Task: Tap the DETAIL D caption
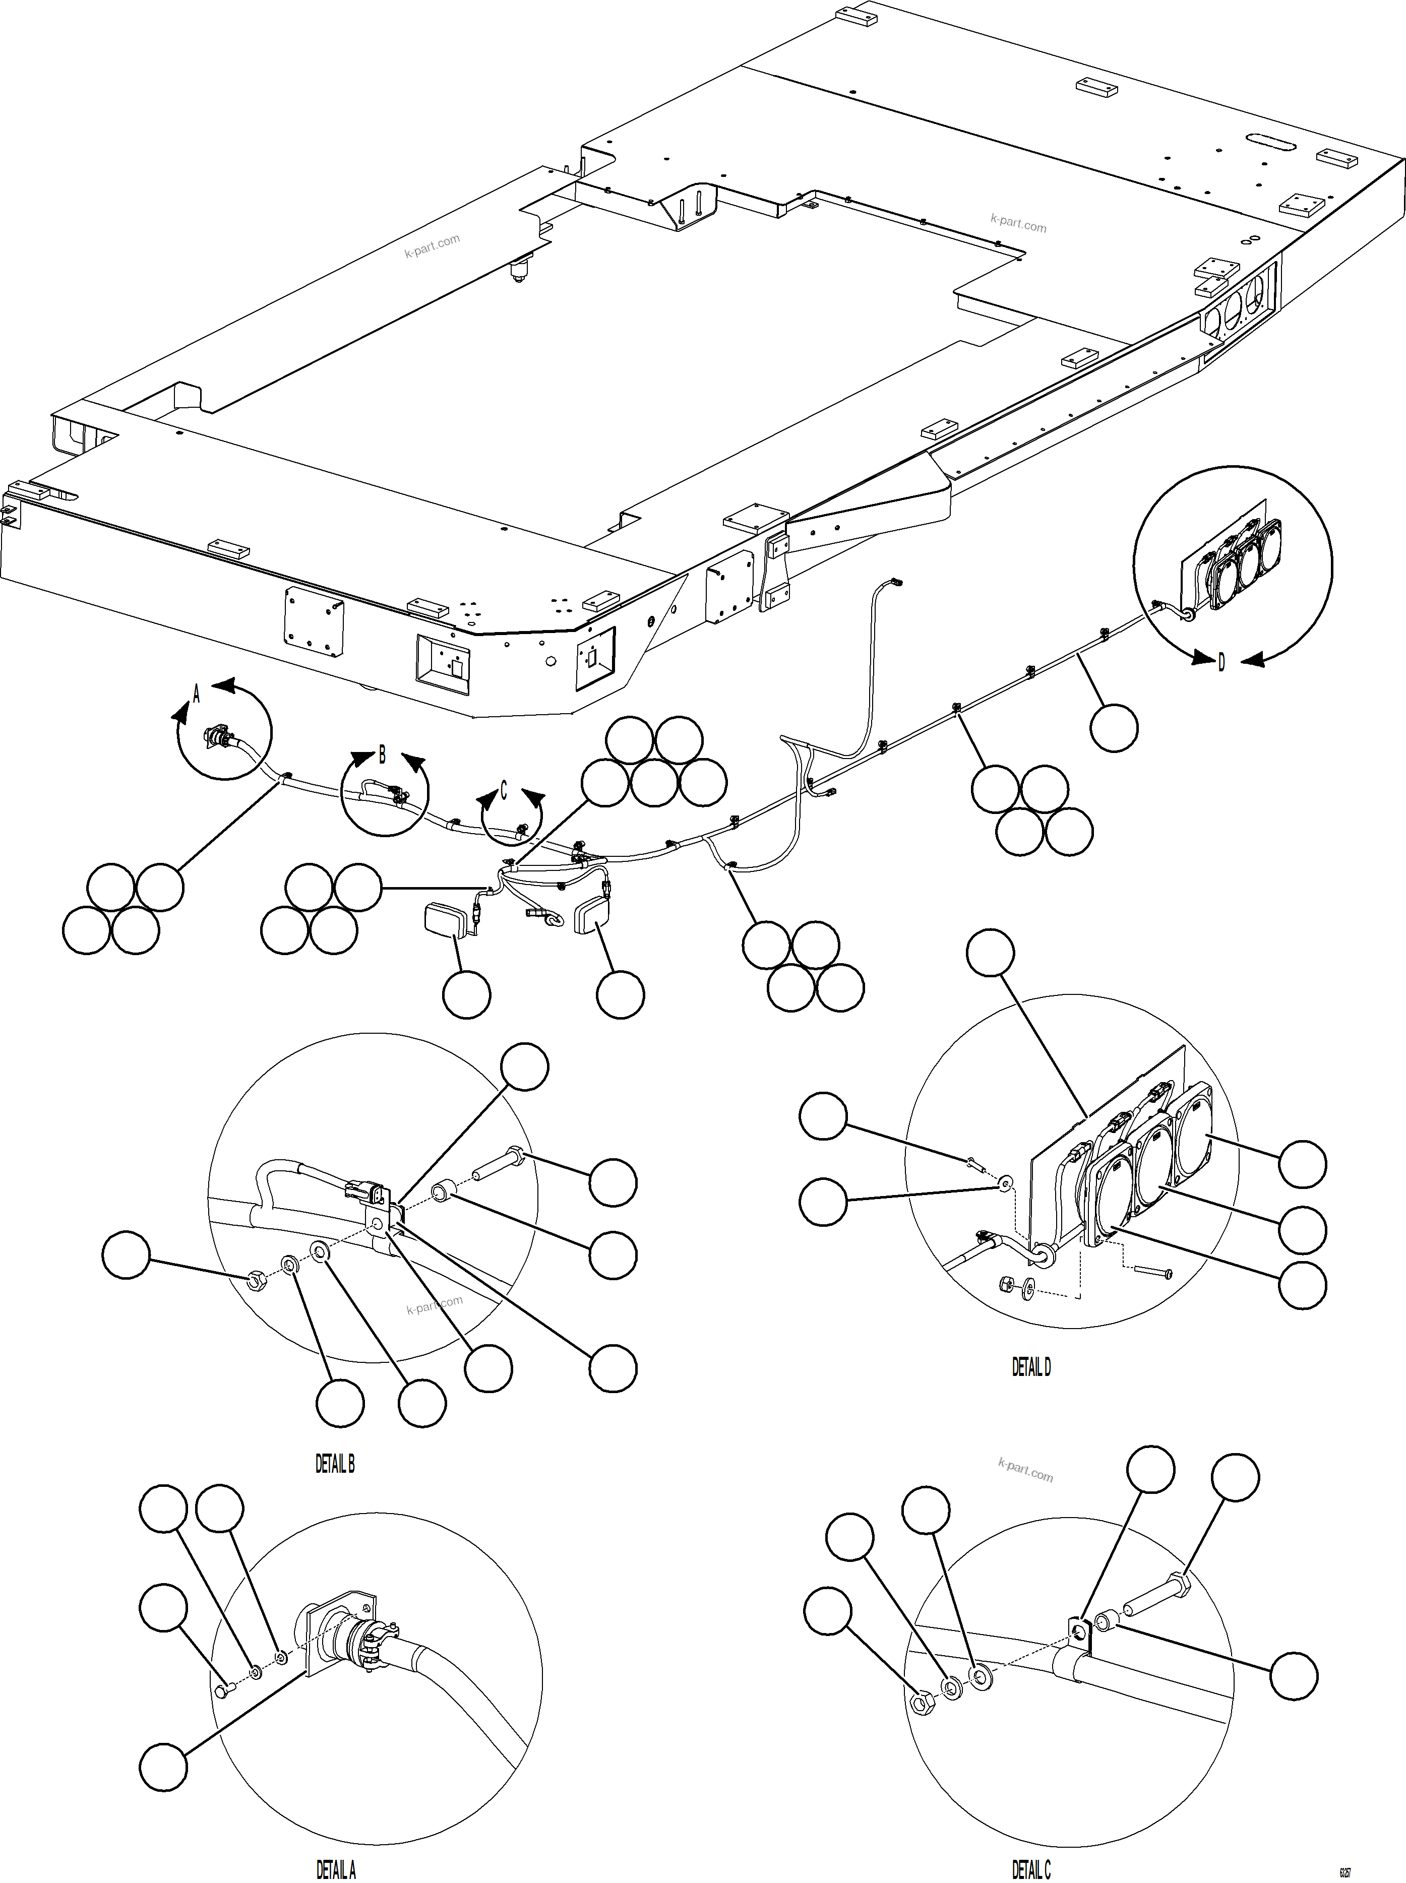point(1030,1366)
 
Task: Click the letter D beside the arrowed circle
point(1221,663)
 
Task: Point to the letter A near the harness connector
point(196,695)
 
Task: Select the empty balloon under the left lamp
point(466,995)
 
